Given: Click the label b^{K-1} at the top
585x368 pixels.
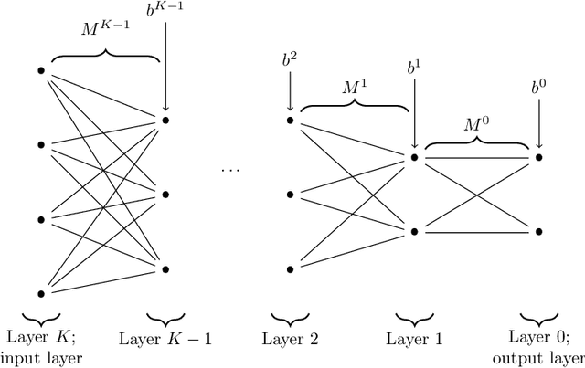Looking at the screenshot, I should [x=165, y=12].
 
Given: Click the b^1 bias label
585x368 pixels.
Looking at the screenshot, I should [x=414, y=68].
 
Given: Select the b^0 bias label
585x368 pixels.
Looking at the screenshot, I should [x=538, y=89].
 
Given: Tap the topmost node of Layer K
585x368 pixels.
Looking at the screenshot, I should [x=41, y=69].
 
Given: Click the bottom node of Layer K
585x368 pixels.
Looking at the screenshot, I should [x=41, y=293].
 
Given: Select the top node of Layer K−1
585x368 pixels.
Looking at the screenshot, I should [x=165, y=120].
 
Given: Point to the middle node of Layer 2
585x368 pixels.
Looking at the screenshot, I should [x=290, y=194].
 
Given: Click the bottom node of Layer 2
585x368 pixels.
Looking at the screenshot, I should [x=290, y=268].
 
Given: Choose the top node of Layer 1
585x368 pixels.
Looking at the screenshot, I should [x=414, y=157].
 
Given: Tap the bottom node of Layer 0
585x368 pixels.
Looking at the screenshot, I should [x=538, y=232].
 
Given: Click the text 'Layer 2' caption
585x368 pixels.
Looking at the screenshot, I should [x=290, y=339].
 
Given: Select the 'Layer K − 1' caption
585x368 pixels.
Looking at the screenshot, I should [x=165, y=339].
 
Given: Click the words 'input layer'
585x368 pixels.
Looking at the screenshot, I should [x=42, y=357].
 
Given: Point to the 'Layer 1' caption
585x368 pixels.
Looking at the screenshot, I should [x=414, y=339].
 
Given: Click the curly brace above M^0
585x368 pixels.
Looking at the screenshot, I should [x=476, y=144].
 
